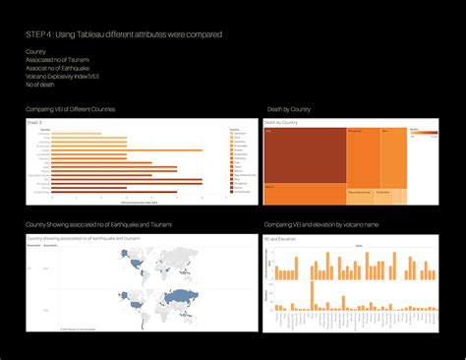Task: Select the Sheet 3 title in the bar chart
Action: click(x=35, y=121)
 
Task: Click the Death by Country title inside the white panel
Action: click(x=282, y=122)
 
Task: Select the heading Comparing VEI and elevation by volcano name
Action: click(x=322, y=225)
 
